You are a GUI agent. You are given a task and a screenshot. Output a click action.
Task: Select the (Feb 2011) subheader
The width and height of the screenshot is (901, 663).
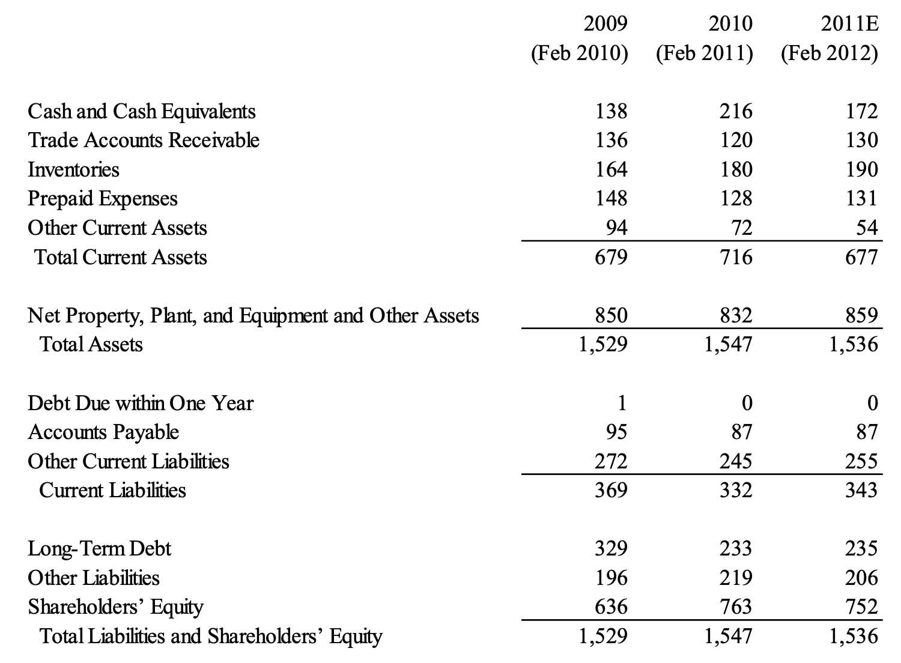click(x=704, y=53)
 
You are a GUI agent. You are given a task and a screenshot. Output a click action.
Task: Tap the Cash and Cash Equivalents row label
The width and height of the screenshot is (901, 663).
click(x=142, y=112)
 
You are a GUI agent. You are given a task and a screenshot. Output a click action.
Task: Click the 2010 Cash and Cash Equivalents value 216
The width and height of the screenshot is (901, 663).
click(x=736, y=112)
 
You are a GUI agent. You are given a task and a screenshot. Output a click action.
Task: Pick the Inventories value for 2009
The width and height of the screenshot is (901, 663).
click(x=611, y=169)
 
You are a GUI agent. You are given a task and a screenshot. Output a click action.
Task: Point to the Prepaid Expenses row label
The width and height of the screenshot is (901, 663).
click(x=103, y=199)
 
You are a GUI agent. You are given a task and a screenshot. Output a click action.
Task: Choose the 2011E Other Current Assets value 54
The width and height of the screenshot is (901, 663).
click(x=866, y=228)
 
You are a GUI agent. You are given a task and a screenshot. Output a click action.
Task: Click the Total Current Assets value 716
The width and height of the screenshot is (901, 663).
click(x=736, y=257)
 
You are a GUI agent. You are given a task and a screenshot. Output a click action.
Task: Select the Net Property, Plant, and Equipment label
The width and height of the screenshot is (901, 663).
click(x=253, y=315)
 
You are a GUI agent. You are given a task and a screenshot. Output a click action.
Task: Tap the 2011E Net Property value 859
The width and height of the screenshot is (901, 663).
click(x=861, y=315)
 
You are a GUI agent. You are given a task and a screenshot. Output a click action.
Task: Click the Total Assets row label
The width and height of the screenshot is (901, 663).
click(x=91, y=344)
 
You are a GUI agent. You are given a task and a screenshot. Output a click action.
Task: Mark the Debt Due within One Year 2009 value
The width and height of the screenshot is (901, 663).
click(x=622, y=402)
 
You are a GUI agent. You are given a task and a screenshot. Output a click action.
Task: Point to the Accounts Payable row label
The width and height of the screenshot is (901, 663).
click(x=103, y=432)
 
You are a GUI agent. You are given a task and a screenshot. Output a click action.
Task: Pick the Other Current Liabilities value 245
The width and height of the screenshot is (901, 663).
click(x=736, y=461)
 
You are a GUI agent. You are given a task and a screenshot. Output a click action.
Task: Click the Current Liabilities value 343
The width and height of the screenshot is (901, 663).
click(x=861, y=490)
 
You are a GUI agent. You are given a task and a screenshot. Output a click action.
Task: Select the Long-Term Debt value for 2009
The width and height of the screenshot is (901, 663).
click(x=611, y=548)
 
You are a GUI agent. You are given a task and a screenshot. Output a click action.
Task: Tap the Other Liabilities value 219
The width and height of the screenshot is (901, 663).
click(x=736, y=578)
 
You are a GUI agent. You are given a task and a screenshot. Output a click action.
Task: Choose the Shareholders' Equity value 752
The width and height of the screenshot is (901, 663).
click(x=861, y=607)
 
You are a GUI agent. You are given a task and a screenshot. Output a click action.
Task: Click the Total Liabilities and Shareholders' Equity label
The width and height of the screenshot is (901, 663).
click(x=210, y=636)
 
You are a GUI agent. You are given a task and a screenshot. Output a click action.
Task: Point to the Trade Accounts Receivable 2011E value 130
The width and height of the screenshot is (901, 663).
click(x=861, y=141)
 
